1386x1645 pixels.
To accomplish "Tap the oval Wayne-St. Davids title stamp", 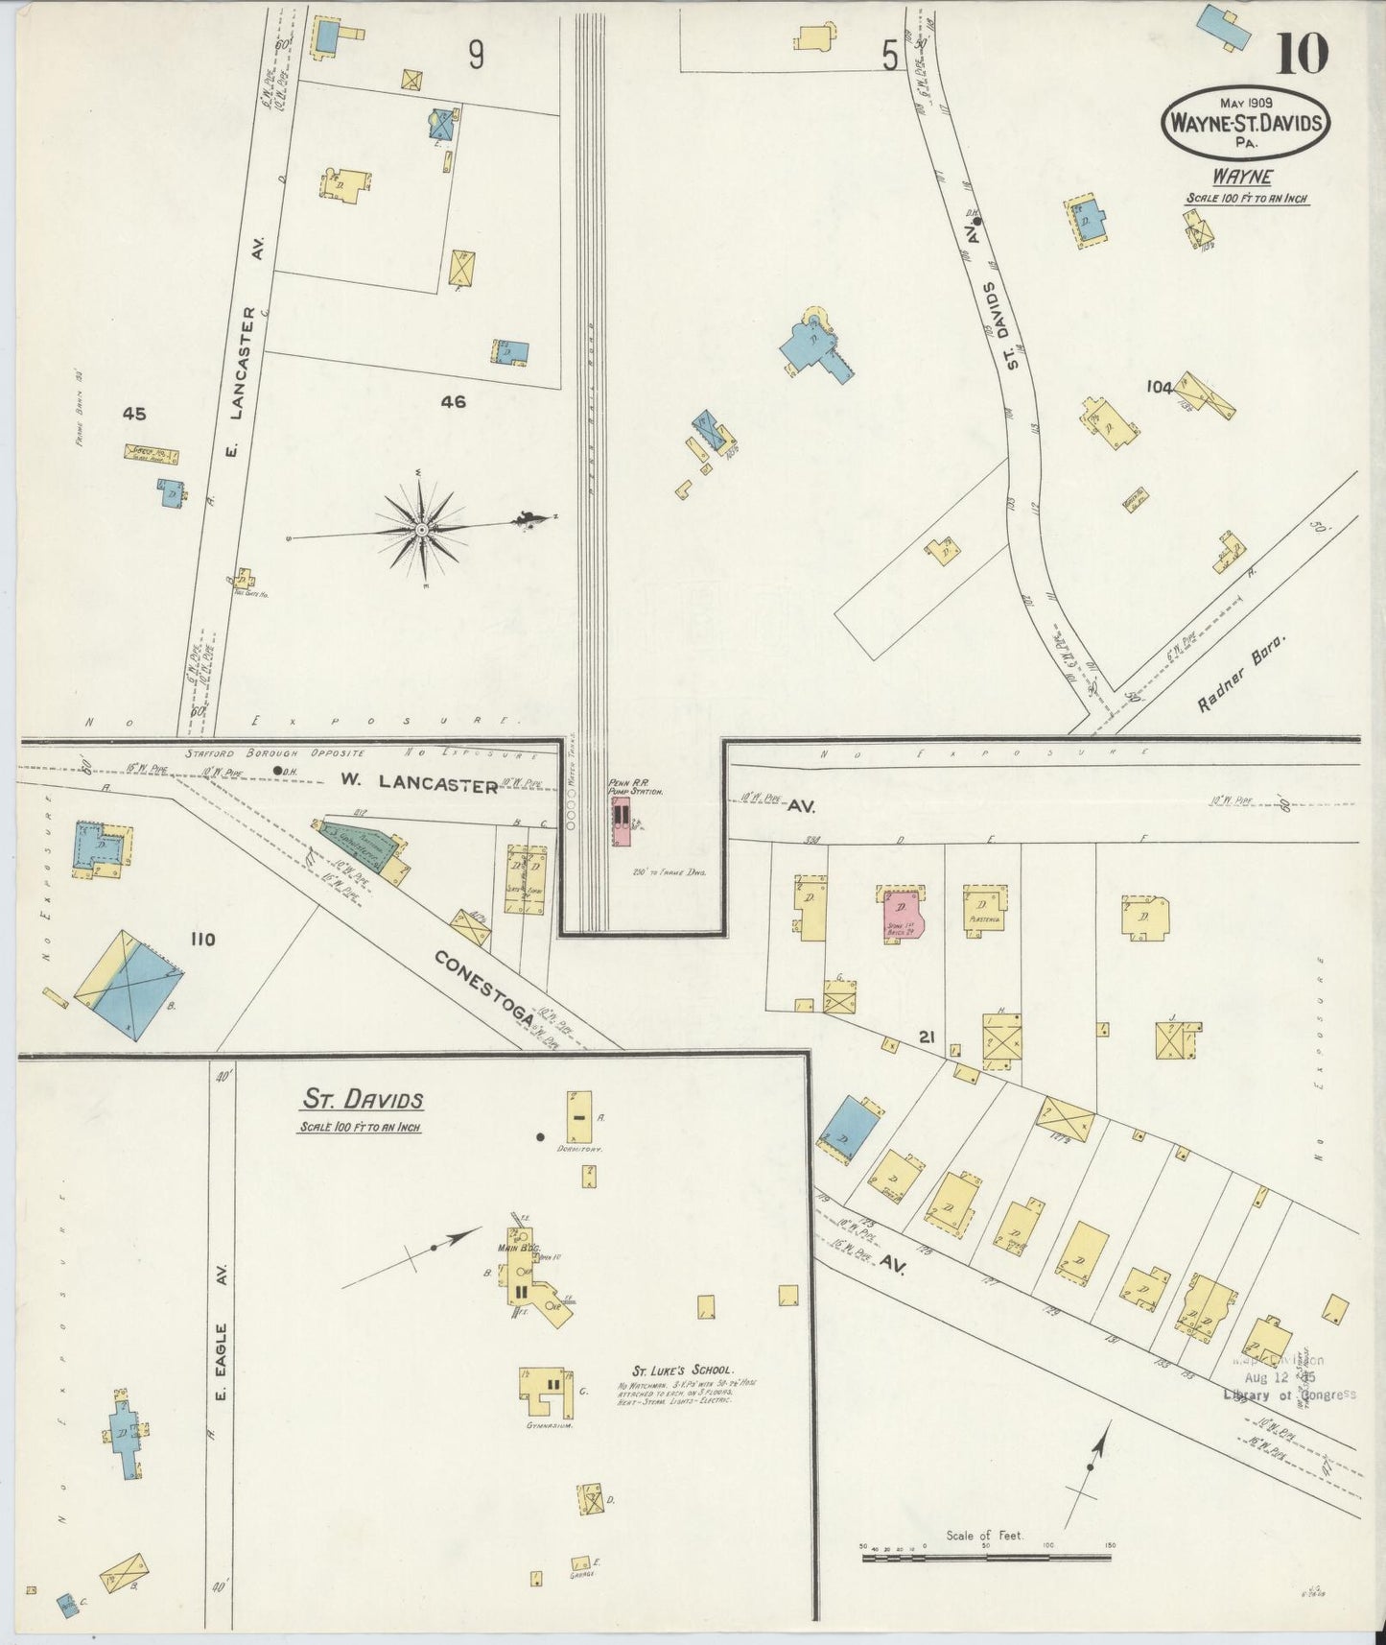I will (x=1247, y=123).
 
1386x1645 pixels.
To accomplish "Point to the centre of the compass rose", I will (x=421, y=528).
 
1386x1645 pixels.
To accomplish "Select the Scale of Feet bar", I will (x=986, y=1558).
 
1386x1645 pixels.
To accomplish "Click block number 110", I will (x=202, y=939).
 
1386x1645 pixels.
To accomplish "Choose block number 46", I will (x=453, y=402).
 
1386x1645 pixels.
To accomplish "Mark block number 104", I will (x=1159, y=387).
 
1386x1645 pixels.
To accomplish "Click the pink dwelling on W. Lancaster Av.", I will (x=901, y=916).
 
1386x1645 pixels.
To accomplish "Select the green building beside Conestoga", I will (x=356, y=844).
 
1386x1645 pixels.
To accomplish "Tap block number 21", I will (x=926, y=1037).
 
